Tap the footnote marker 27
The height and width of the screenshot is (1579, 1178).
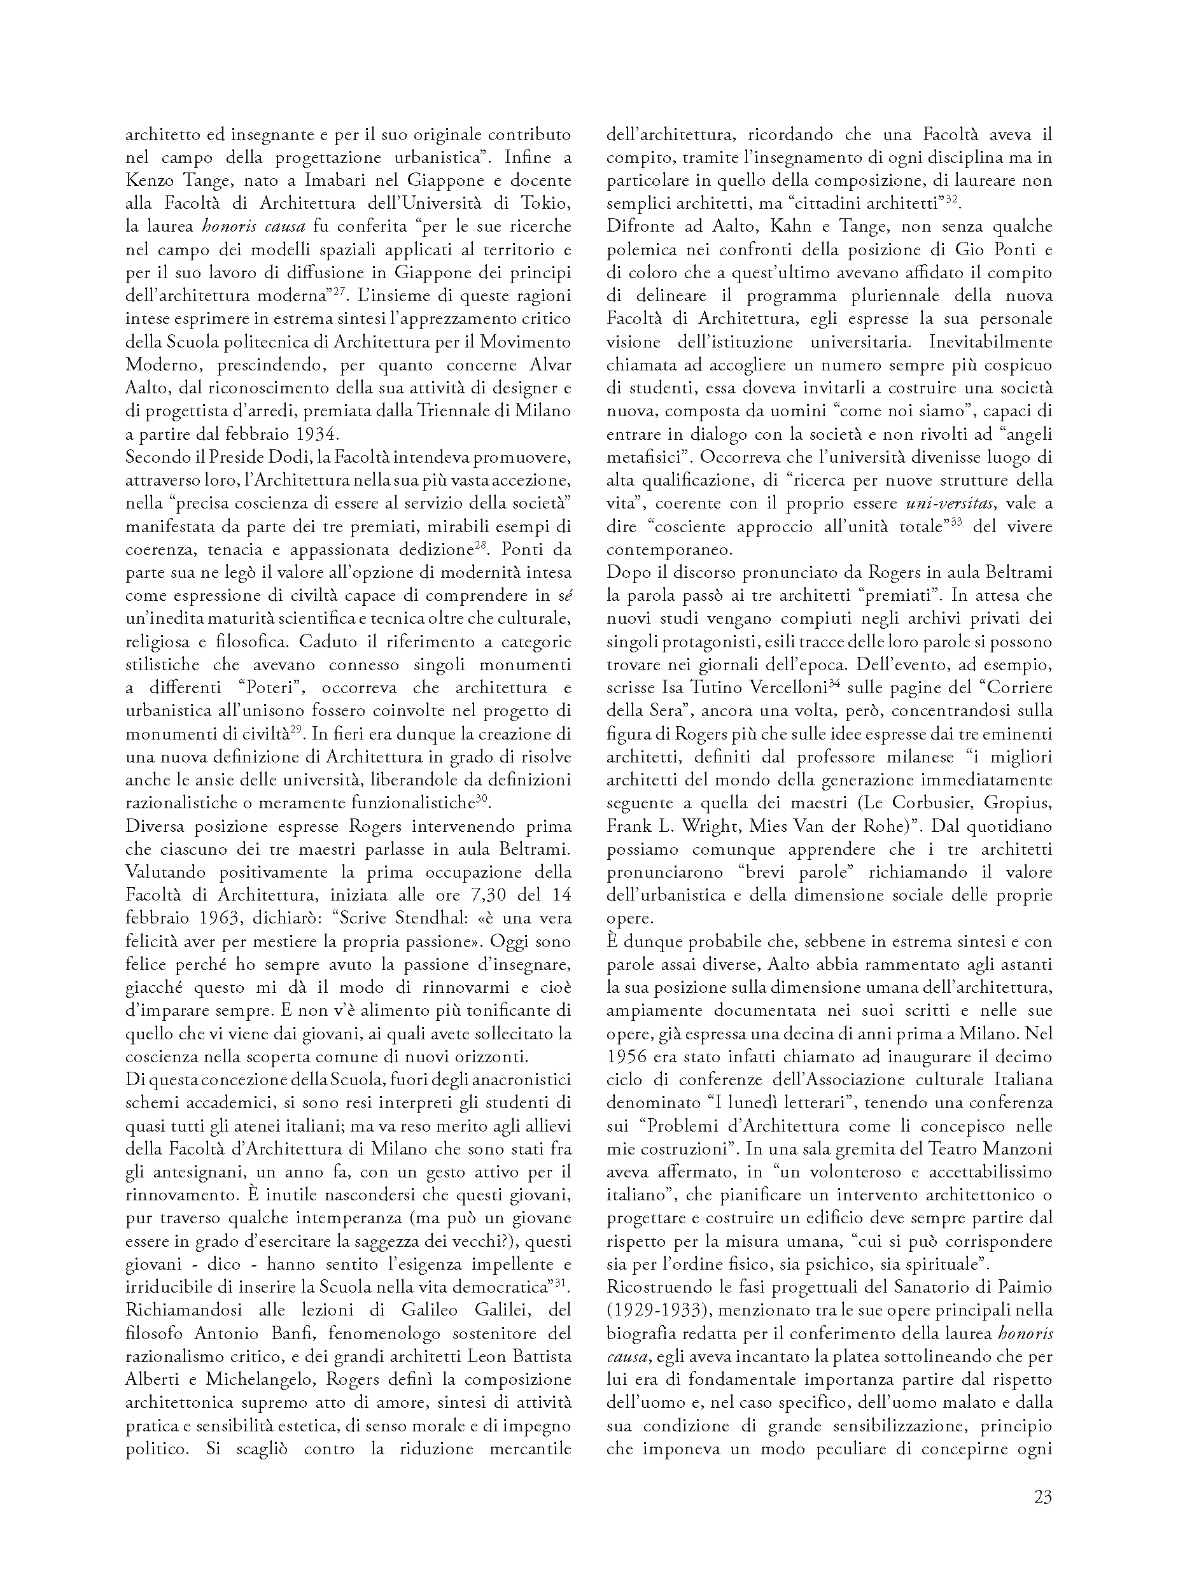coord(339,290)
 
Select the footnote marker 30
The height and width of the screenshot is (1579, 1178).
coord(481,798)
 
